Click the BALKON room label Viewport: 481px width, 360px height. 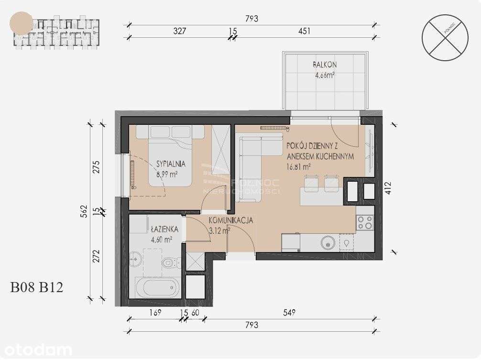tap(325, 65)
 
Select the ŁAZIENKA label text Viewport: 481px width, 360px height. tap(163, 229)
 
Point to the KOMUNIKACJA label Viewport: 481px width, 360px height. tap(230, 221)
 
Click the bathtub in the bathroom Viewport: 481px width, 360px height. tap(157, 287)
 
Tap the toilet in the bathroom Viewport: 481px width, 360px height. tap(169, 262)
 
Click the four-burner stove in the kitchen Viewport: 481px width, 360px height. tap(365, 222)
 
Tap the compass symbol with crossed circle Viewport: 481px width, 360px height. tap(445, 38)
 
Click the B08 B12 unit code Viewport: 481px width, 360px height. tap(37, 287)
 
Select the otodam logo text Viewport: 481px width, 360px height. tap(36, 350)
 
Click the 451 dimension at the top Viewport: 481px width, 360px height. tap(304, 31)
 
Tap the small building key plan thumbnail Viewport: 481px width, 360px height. tap(56, 32)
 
